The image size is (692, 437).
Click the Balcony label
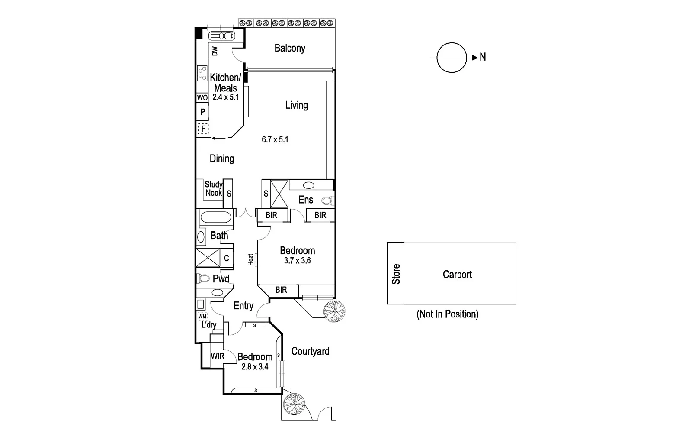pyautogui.click(x=290, y=48)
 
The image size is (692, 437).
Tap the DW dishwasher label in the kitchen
pyautogui.click(x=215, y=52)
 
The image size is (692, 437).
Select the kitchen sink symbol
pyautogui.click(x=221, y=36)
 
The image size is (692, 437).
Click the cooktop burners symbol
pyautogui.click(x=202, y=73)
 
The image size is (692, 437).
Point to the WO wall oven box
pyautogui.click(x=202, y=98)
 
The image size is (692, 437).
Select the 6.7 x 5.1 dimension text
pyautogui.click(x=275, y=139)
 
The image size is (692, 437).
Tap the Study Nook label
pyautogui.click(x=214, y=189)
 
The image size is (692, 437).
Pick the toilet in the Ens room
pyautogui.click(x=327, y=201)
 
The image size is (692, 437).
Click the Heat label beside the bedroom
pyautogui.click(x=251, y=259)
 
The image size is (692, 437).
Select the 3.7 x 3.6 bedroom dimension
pyautogui.click(x=297, y=261)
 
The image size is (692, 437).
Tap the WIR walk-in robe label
pyautogui.click(x=218, y=356)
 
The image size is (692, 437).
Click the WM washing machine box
pyautogui.click(x=202, y=316)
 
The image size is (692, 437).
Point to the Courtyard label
pyautogui.click(x=310, y=351)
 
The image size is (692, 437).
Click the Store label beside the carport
pyautogui.click(x=396, y=274)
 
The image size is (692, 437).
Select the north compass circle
pyautogui.click(x=452, y=57)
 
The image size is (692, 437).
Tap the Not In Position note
pyautogui.click(x=447, y=314)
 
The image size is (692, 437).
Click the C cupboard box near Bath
pyautogui.click(x=226, y=259)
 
